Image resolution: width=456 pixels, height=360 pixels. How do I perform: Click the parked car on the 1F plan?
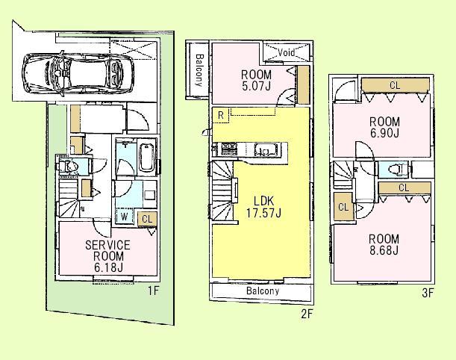coord(73,69)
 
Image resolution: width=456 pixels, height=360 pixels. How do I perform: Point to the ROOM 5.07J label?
coord(256,81)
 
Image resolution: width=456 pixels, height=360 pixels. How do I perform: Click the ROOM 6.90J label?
coord(384,127)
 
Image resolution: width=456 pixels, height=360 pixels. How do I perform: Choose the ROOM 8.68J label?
coord(383,244)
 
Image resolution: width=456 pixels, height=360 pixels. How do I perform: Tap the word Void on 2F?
coord(286,53)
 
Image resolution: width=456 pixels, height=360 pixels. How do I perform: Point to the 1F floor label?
coord(153,291)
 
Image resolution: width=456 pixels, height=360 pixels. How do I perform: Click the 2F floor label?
coord(306,314)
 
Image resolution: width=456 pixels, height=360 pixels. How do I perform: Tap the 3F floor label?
coord(427,293)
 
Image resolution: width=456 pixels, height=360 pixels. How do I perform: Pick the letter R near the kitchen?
coord(222,114)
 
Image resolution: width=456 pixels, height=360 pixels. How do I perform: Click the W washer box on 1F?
coord(125,217)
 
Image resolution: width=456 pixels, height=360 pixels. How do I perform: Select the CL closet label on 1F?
coord(146,218)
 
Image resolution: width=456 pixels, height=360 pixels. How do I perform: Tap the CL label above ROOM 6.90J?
coord(394,86)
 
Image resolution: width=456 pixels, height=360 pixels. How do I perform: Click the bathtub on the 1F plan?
coord(146,158)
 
